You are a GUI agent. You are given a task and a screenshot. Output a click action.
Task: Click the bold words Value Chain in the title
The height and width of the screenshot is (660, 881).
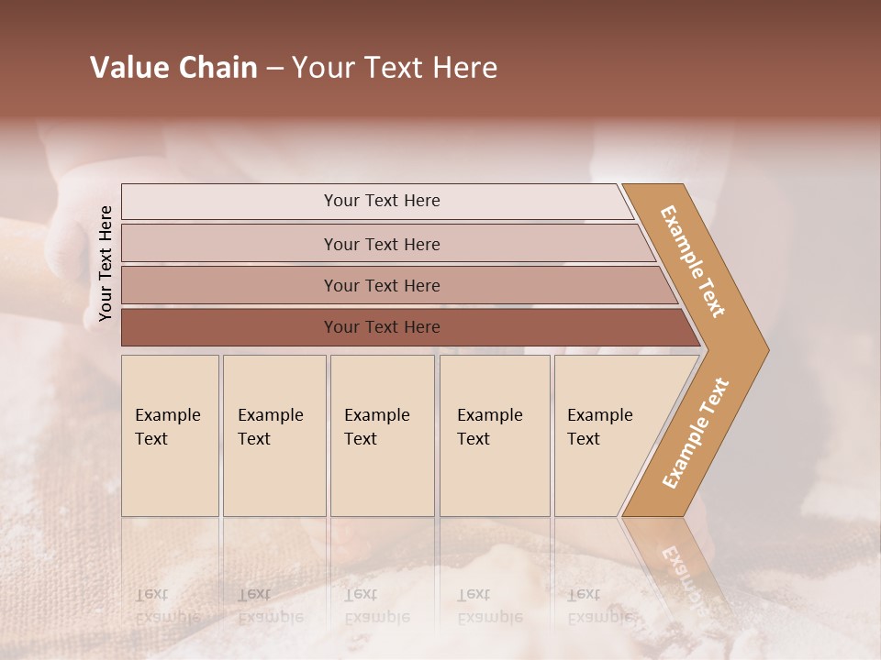coord(173,68)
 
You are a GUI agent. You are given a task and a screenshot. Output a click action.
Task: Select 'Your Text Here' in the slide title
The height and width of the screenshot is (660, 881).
coord(395,68)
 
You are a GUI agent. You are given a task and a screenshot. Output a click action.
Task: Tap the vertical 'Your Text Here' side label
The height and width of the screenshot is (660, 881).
coord(106,263)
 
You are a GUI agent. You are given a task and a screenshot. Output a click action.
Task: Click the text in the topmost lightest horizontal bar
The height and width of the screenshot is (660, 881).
coord(382,201)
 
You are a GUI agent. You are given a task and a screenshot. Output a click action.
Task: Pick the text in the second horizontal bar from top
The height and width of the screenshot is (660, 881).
coord(382,245)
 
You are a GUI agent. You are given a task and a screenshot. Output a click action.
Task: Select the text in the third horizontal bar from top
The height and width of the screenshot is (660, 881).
coord(382,286)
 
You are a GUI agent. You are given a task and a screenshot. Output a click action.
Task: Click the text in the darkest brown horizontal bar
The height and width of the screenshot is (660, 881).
coord(382,327)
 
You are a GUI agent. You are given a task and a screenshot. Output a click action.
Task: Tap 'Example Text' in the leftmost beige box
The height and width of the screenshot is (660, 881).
coord(167,427)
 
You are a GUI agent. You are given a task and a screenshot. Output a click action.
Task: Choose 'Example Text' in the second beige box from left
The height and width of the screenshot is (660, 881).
coord(270,427)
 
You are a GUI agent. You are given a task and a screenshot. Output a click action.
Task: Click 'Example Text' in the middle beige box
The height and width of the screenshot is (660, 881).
coord(376,427)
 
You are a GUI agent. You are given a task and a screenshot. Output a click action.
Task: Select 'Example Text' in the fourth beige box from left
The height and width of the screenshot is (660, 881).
coord(489,427)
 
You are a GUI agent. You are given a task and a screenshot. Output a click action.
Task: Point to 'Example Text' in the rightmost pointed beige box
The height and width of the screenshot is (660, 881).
coord(599,427)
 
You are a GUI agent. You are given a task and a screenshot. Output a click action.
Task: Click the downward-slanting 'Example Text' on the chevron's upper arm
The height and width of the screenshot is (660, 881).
coord(693,261)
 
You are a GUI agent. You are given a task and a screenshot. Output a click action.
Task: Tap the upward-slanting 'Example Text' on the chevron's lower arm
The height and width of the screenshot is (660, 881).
coord(696,433)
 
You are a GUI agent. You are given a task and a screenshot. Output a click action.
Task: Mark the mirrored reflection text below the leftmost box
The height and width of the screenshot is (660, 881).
coord(167,606)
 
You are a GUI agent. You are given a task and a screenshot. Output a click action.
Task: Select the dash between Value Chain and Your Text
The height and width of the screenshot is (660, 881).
coord(274,69)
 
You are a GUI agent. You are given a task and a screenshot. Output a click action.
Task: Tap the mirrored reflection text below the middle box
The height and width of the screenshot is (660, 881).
coord(376,606)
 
